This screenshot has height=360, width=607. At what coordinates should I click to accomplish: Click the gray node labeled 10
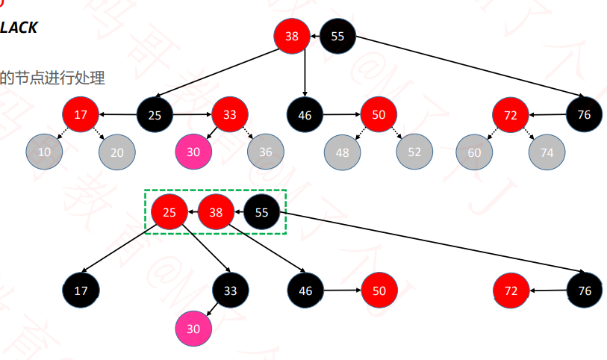point(44,152)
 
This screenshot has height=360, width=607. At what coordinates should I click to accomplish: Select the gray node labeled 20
point(117,152)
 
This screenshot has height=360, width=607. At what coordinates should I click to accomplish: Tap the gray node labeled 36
point(266,152)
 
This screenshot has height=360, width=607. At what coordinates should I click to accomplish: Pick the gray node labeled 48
point(342,152)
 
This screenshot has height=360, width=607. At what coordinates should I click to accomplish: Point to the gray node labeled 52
point(414,152)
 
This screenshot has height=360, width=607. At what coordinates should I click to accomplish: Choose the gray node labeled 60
point(474,152)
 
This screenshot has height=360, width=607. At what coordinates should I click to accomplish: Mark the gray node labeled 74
point(547,152)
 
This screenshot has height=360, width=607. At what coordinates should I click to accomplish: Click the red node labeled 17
point(81,115)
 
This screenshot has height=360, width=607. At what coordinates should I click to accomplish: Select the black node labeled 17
point(81,291)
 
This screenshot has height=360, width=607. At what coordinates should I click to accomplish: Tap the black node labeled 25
point(155,115)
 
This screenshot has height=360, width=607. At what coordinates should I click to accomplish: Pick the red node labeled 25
point(169,213)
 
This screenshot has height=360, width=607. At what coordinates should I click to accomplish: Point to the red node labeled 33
point(229,115)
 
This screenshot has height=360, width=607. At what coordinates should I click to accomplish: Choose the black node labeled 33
point(230,291)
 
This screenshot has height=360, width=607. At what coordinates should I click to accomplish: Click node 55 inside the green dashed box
point(262,213)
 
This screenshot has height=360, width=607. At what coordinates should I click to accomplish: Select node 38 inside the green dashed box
point(217,213)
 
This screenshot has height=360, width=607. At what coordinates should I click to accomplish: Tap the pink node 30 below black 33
point(193,328)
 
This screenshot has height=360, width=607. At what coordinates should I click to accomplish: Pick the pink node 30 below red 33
point(193,152)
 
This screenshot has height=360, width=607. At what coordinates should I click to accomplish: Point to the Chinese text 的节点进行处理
point(52,78)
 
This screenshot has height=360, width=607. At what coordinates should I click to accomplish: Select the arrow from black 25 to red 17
point(117,115)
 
